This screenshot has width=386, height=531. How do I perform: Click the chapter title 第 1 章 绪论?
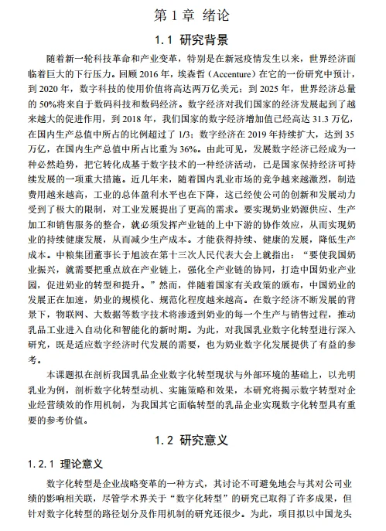tap(193, 13)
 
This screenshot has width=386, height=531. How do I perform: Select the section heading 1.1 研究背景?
tap(193, 39)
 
